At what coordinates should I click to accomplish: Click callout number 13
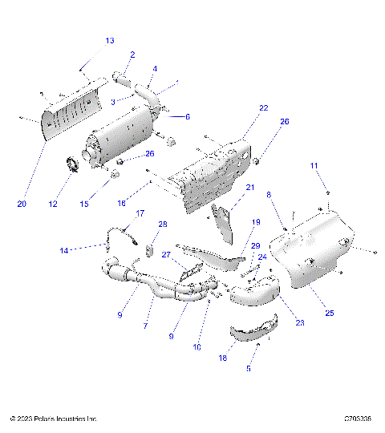pyautogui.click(x=110, y=40)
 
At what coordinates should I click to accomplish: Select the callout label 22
pyautogui.click(x=241, y=107)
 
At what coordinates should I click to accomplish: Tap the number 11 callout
pyautogui.click(x=314, y=165)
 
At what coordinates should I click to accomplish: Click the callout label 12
pyautogui.click(x=53, y=204)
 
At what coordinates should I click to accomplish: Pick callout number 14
pyautogui.click(x=63, y=251)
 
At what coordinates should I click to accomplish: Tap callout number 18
pyautogui.click(x=222, y=359)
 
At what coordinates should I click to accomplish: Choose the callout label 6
pyautogui.click(x=187, y=117)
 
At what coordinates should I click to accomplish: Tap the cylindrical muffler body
pyautogui.click(x=124, y=137)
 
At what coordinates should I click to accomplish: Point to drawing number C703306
pyautogui.click(x=357, y=419)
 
